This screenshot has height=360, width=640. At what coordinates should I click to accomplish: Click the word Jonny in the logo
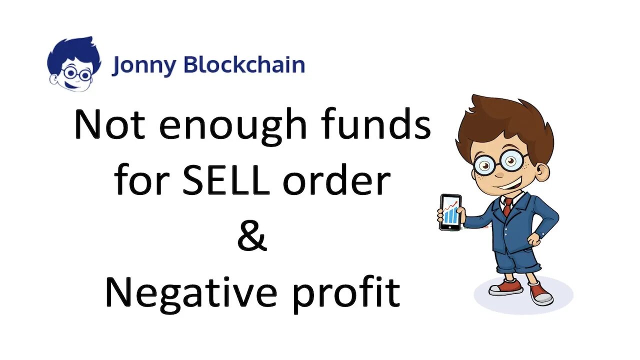[144, 66]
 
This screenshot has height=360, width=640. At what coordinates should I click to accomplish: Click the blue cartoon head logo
[74, 64]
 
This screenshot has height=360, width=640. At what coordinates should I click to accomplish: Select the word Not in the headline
[109, 124]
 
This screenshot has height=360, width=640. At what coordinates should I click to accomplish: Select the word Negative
[191, 294]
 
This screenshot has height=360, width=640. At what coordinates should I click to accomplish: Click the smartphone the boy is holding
[450, 212]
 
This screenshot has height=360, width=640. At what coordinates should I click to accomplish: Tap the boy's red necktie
[507, 206]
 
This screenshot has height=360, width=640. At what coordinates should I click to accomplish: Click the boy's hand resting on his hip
[533, 240]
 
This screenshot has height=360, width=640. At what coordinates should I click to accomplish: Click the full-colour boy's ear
[542, 171]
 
